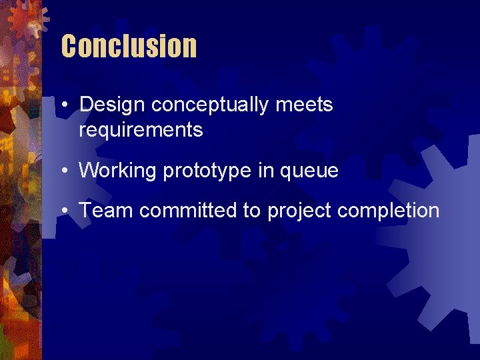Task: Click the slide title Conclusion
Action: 129,47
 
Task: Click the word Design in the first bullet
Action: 112,105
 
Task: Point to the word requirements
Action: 141,129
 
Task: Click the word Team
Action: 107,211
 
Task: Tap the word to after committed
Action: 251,211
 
